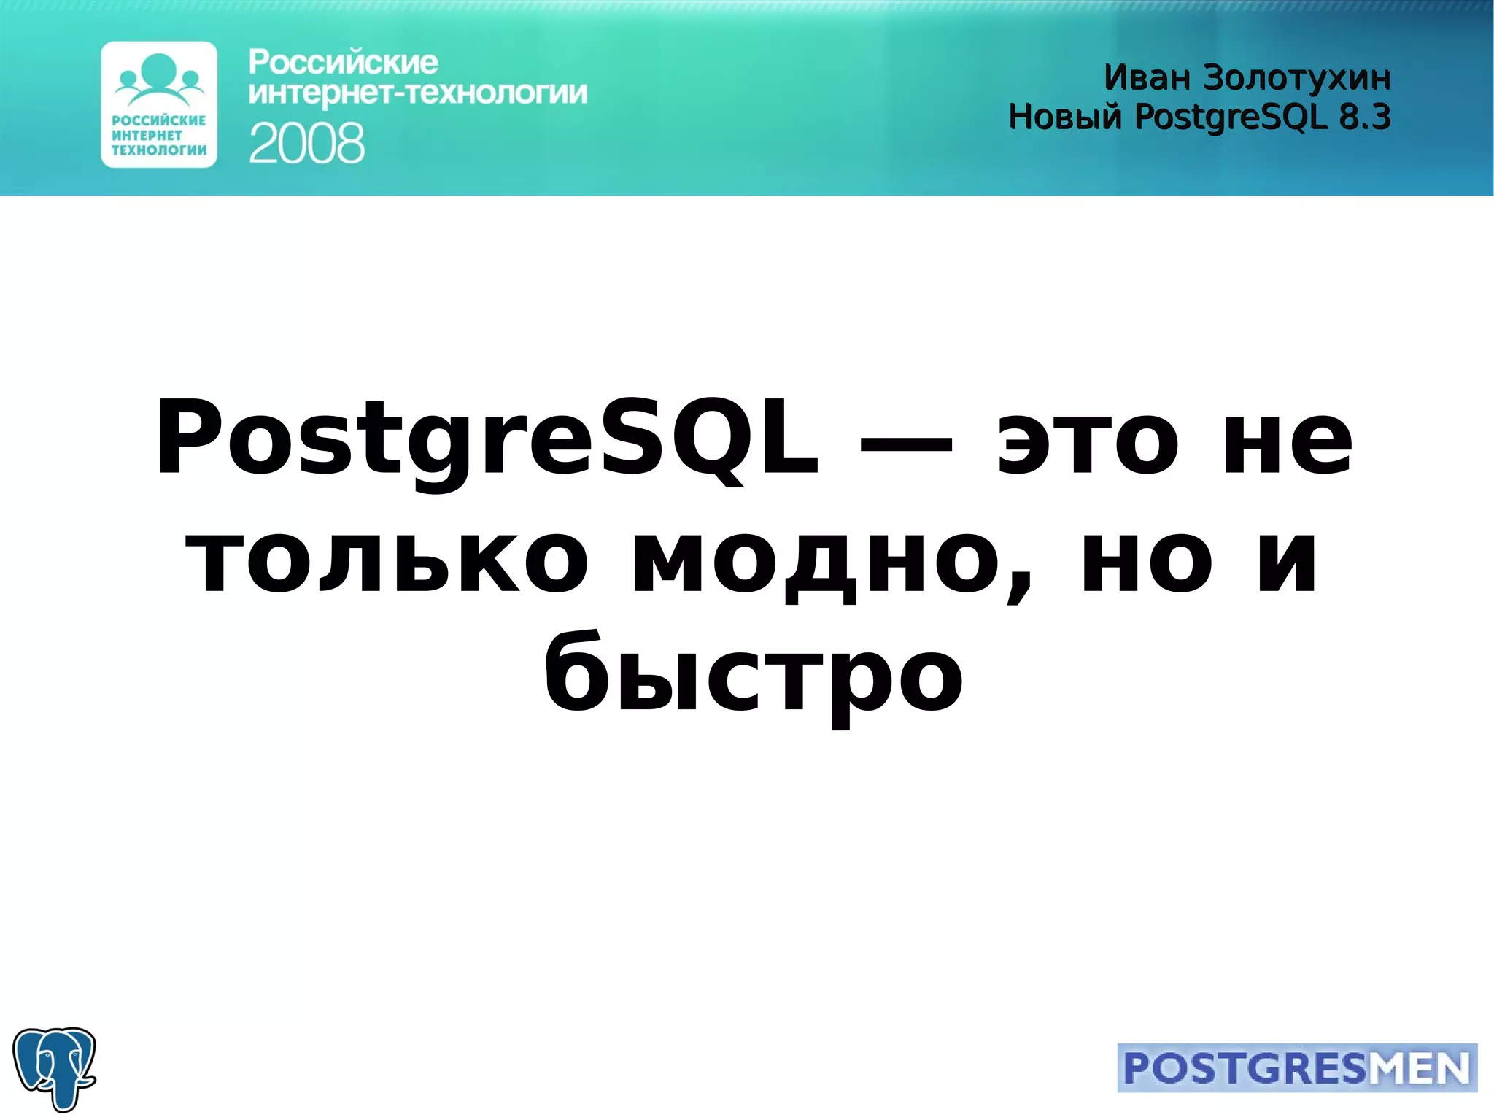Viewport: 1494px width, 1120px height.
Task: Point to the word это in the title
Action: pyautogui.click(x=1087, y=441)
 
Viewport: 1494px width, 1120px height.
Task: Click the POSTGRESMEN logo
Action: pyautogui.click(x=1296, y=1067)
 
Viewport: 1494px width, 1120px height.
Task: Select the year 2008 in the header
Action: pyautogui.click(x=306, y=143)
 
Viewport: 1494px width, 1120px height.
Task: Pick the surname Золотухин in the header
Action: pyautogui.click(x=1296, y=77)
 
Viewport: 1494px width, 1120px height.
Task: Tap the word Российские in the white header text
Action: pyautogui.click(x=343, y=63)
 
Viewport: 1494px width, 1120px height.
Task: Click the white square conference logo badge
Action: pyautogui.click(x=159, y=104)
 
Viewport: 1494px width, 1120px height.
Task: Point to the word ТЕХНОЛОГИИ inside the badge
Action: pyautogui.click(x=159, y=150)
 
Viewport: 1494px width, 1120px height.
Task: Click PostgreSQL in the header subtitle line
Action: pyautogui.click(x=1231, y=117)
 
